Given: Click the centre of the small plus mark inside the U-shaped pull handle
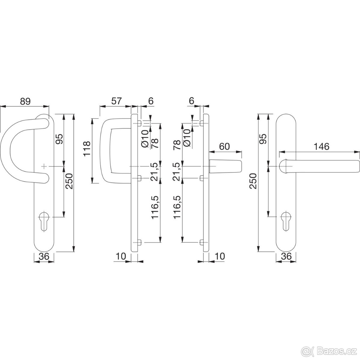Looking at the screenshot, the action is pos(44,166).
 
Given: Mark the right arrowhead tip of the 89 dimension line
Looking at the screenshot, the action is pos(49,106).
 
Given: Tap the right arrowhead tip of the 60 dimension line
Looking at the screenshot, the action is pos(242,152).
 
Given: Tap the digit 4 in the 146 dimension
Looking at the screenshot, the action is pos(321,147).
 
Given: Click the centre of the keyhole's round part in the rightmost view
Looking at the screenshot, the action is pos(286,216).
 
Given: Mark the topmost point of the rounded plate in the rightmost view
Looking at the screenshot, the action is pos(286,114).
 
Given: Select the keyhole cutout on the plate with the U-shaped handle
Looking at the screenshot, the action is pos(44,221).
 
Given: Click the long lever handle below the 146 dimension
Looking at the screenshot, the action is pos(319,166).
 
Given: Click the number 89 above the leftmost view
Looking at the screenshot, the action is pos(25,101).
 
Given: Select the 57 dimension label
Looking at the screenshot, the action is pos(116,101).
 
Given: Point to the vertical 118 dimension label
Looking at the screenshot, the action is pos(87,148).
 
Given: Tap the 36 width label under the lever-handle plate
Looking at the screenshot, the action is pos(286,256).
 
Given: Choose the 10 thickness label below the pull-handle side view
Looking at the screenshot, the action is pos(121,256).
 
